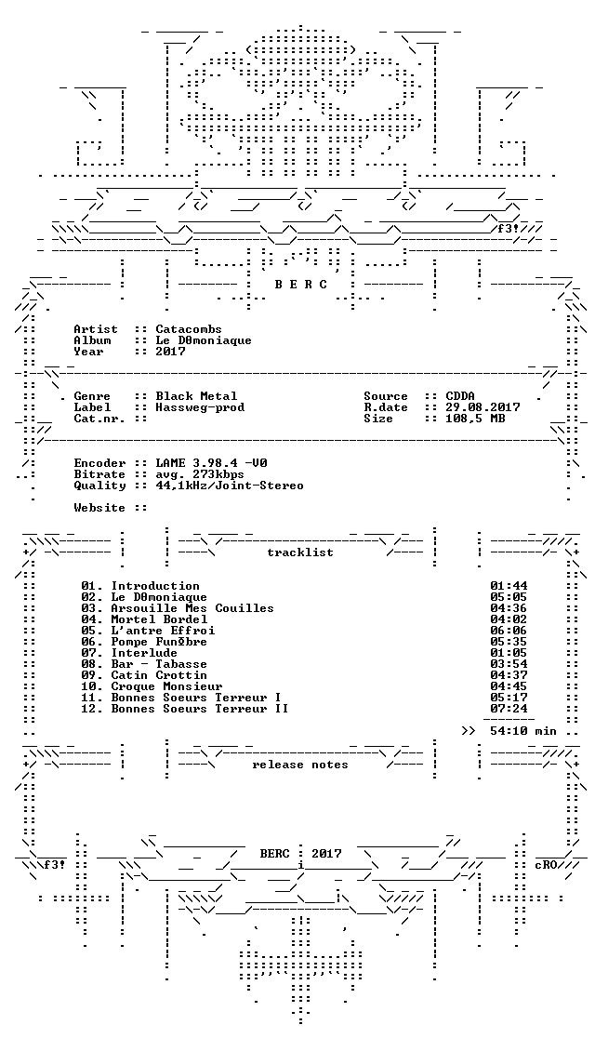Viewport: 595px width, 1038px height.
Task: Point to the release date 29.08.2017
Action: pos(483,407)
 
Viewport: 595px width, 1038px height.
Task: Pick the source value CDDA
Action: pos(460,396)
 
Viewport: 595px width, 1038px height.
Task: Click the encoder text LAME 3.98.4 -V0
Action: pos(211,463)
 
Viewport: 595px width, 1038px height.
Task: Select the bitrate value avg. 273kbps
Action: pos(200,474)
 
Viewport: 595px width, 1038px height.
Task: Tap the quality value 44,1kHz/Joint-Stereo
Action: pos(230,486)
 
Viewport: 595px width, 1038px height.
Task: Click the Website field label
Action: pos(99,509)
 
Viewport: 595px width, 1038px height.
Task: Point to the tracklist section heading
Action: pos(299,552)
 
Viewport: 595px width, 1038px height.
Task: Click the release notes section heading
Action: pos(299,765)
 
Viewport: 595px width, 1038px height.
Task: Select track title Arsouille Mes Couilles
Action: pos(192,608)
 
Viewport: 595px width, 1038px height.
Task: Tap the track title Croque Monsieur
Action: pos(166,686)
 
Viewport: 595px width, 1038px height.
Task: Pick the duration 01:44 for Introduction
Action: pos(509,586)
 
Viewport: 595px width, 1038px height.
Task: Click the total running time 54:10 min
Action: pos(522,731)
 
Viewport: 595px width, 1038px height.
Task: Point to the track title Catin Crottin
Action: pos(159,675)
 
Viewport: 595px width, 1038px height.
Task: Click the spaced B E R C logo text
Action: pos(300,285)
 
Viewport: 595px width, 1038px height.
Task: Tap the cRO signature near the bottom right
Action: pos(546,865)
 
